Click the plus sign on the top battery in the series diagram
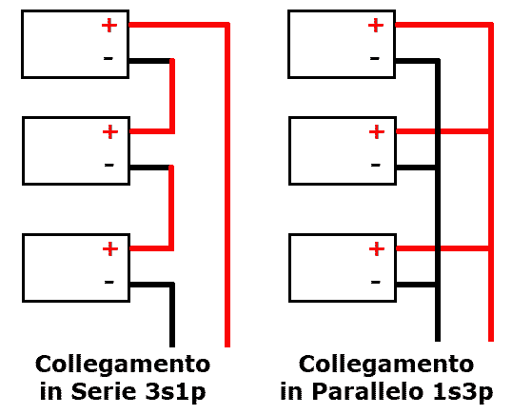[109, 26]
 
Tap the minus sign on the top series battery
[108, 58]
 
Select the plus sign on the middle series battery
[110, 132]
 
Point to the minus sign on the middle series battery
[109, 165]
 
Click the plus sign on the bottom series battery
[110, 249]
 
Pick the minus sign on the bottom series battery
[109, 282]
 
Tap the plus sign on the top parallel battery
[376, 26]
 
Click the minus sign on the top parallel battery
[375, 58]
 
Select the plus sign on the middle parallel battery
[377, 132]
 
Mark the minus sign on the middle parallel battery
[376, 165]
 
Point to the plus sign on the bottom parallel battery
[377, 249]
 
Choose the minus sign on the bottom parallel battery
[376, 282]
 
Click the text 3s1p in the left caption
[176, 392]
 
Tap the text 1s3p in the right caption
[463, 392]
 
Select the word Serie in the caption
[104, 391]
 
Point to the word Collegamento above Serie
[123, 365]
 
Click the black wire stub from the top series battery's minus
[149, 61]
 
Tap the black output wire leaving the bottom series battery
[172, 313]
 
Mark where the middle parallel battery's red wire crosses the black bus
[438, 131]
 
